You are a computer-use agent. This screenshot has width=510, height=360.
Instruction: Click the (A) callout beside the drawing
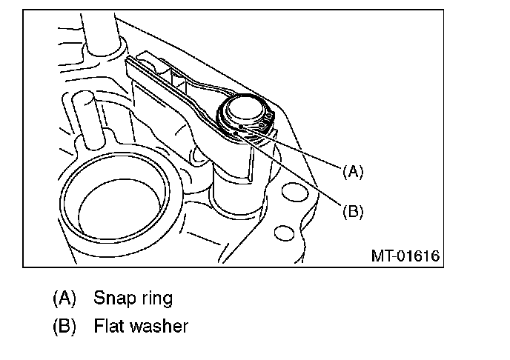click(353, 172)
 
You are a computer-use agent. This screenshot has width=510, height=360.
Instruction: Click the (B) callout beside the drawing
click(353, 211)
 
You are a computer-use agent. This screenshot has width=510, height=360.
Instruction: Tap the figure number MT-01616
click(405, 256)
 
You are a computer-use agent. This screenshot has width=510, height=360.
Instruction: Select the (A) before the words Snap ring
click(64, 299)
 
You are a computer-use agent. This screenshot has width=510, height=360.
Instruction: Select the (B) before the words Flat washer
click(64, 326)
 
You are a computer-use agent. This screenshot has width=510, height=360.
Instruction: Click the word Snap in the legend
click(112, 299)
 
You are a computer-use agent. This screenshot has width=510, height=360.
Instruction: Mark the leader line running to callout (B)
click(297, 173)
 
